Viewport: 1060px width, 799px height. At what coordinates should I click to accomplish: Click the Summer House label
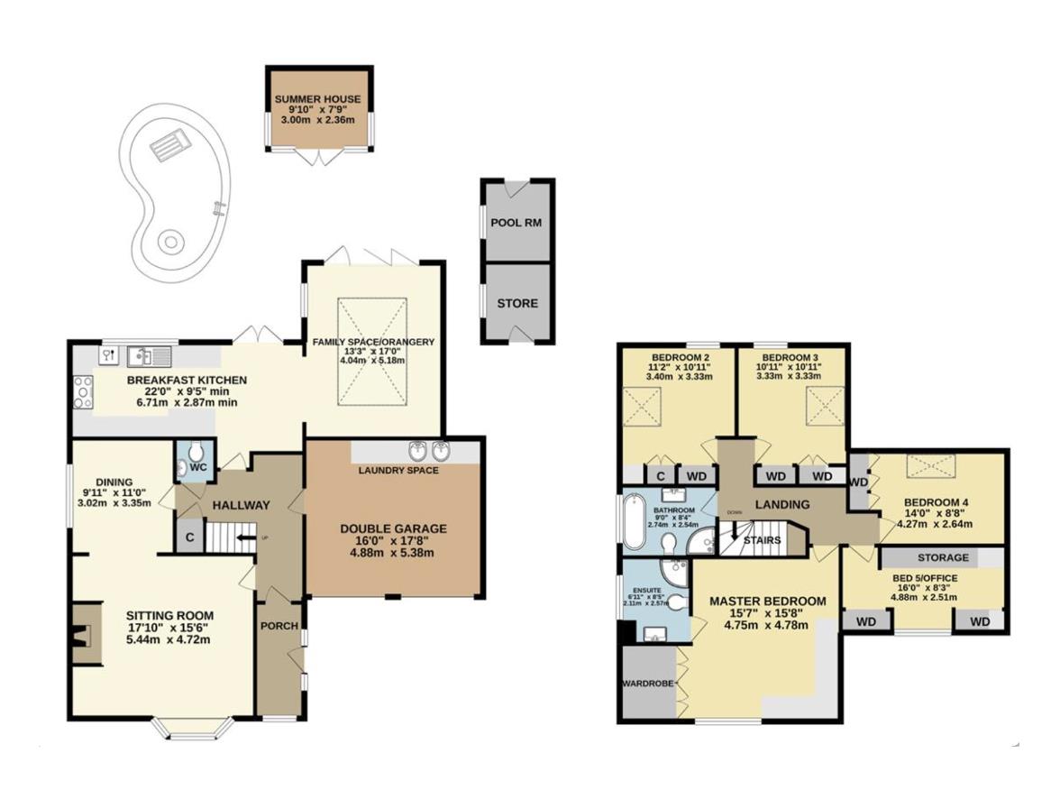(x=317, y=99)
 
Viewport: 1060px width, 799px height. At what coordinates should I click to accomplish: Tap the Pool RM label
(x=516, y=223)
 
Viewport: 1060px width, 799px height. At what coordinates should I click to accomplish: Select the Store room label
(x=516, y=303)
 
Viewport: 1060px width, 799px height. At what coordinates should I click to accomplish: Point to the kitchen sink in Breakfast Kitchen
(x=143, y=354)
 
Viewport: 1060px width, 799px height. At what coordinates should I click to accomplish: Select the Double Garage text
(x=393, y=528)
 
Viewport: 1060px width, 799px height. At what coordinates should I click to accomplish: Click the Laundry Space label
(x=397, y=470)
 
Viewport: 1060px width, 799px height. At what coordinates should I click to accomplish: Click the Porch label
(x=279, y=626)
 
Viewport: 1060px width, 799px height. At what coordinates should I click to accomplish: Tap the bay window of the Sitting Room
(x=195, y=727)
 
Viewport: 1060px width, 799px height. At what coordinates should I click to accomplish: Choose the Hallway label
(x=241, y=505)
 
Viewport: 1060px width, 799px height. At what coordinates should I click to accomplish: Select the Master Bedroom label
(x=767, y=601)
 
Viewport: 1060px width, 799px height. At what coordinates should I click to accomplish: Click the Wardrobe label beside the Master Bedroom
(x=647, y=684)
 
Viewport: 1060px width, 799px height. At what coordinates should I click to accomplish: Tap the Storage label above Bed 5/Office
(x=943, y=557)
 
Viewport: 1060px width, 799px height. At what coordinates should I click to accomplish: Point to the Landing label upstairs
(x=782, y=504)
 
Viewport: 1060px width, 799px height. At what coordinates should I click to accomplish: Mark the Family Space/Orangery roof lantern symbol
(x=372, y=351)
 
